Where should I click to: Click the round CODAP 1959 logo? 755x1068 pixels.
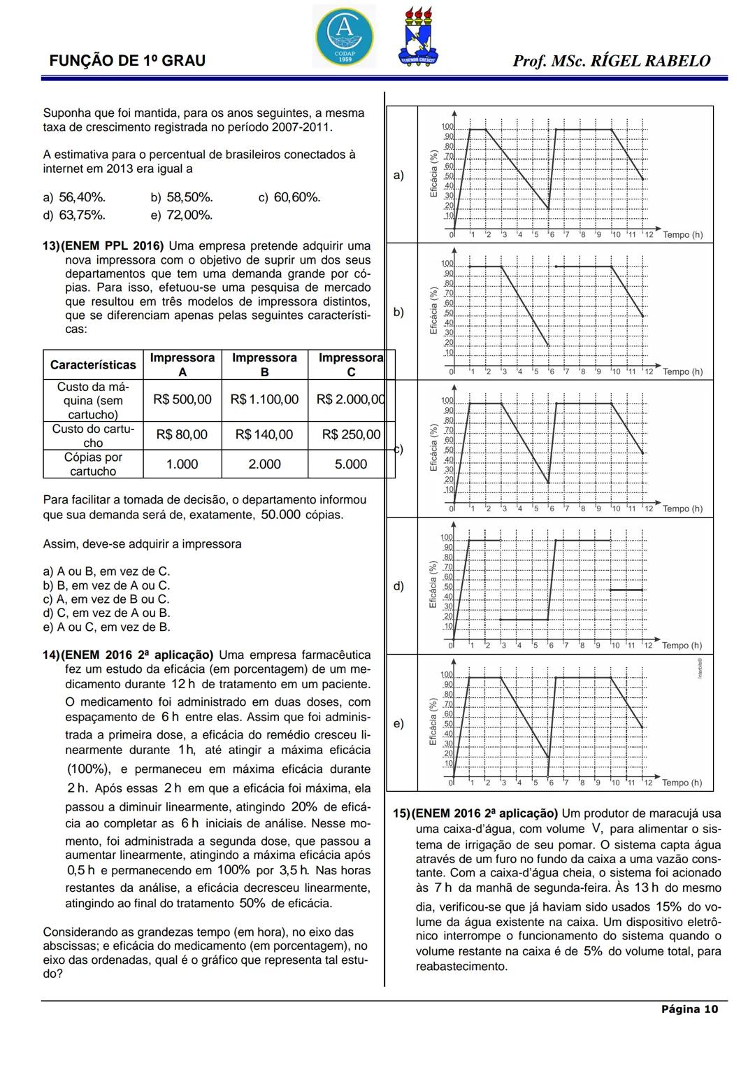[x=344, y=36]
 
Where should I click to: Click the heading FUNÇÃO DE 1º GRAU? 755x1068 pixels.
[x=127, y=61]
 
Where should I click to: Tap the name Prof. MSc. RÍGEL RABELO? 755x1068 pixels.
[x=611, y=61]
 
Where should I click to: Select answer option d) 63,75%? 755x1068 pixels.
[x=75, y=215]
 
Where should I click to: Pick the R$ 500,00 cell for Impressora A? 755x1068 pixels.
[x=182, y=399]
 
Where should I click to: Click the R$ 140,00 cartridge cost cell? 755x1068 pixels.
[x=264, y=434]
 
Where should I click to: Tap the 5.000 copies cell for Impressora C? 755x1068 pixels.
[x=350, y=464]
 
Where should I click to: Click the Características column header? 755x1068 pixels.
[x=93, y=365]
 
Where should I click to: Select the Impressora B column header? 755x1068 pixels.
[x=264, y=364]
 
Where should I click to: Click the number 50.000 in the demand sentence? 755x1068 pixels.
[x=280, y=515]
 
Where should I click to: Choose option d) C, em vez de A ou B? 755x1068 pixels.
[x=106, y=613]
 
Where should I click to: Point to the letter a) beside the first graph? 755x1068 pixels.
[x=398, y=175]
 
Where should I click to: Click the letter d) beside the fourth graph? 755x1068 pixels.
[x=398, y=586]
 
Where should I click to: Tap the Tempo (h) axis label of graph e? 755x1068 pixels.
[x=682, y=783]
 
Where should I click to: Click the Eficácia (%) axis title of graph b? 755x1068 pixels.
[x=433, y=311]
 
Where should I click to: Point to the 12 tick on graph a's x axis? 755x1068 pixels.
[x=648, y=235]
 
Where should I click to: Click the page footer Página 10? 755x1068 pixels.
[x=689, y=1009]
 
